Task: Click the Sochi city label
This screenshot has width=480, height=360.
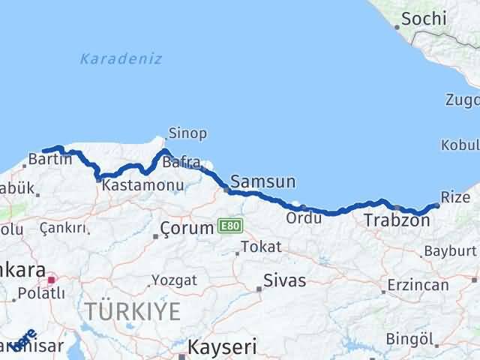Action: (424, 19)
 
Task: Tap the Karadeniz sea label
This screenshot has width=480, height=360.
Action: (121, 58)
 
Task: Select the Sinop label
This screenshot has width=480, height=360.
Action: (187, 133)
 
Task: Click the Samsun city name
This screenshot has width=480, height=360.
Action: (263, 181)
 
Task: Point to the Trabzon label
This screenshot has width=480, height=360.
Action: (391, 220)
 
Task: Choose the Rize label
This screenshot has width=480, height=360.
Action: (455, 197)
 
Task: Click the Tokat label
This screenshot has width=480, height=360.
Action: (262, 247)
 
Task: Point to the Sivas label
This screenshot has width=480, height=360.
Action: (285, 282)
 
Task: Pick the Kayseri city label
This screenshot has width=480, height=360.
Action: (222, 347)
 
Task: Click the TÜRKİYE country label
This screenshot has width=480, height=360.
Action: (133, 310)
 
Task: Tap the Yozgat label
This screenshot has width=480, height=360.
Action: (175, 280)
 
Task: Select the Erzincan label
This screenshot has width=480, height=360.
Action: (418, 285)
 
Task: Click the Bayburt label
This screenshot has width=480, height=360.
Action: (450, 250)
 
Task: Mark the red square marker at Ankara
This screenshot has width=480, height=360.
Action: (51, 280)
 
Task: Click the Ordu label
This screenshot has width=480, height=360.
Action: (304, 218)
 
